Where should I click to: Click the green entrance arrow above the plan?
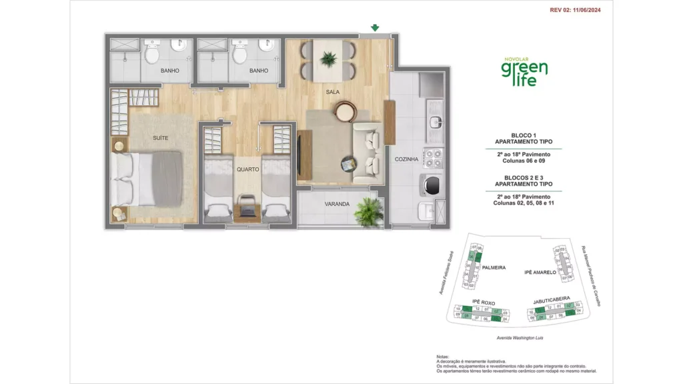pos(375,28)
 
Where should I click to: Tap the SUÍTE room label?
pos(160,138)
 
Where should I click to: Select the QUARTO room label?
pos(247,169)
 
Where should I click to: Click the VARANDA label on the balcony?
pos(337,204)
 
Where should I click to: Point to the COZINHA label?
pos(406,159)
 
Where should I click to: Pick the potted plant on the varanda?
pos(367,211)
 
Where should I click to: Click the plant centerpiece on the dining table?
pos(328,59)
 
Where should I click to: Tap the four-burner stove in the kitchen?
pos(434,158)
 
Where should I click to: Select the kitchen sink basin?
pos(435,121)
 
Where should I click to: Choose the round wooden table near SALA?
pos(346,111)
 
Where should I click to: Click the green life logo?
pos(525,70)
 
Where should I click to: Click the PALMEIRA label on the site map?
pos(494,268)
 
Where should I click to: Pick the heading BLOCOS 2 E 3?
pos(524,177)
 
